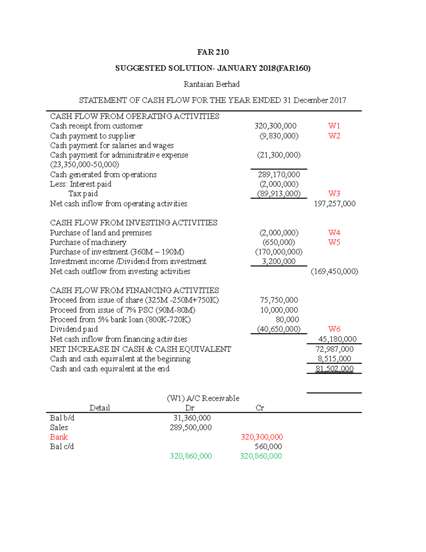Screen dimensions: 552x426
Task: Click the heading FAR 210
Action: point(213,52)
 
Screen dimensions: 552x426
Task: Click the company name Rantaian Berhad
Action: point(212,84)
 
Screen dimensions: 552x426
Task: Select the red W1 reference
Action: point(334,126)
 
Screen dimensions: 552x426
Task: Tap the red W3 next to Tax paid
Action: point(334,194)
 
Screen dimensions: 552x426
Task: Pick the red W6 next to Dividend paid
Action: point(334,329)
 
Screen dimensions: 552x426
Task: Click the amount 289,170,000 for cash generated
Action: point(279,175)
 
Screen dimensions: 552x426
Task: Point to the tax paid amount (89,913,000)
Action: point(279,194)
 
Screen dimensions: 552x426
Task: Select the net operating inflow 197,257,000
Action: point(334,204)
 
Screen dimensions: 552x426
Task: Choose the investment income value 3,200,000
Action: point(279,262)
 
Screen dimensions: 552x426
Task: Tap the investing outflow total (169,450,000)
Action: point(334,272)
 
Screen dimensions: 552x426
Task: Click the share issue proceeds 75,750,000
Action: point(279,300)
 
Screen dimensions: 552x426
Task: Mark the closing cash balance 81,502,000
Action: point(334,369)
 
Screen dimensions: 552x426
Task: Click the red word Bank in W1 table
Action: point(59,437)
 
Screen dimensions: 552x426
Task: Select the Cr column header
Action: point(260,408)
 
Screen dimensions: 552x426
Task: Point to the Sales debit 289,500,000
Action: point(191,428)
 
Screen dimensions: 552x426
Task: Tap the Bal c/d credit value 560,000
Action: point(268,447)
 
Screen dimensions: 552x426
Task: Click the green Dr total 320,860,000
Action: point(191,456)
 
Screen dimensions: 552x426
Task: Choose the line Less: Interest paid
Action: point(81,184)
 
